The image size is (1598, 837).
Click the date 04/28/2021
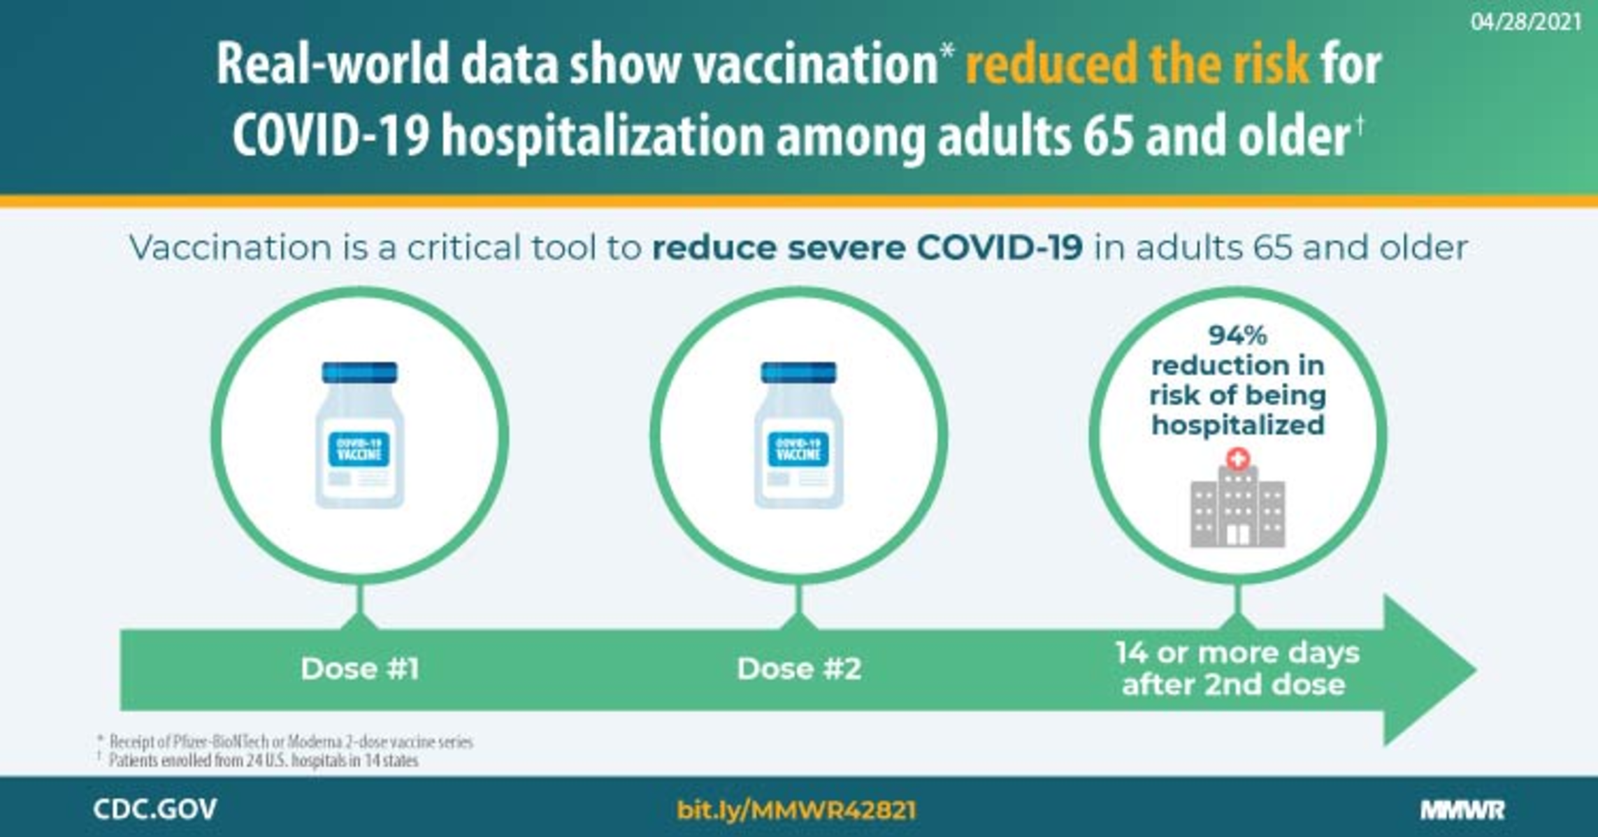pos(1525,22)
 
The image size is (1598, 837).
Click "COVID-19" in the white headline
pos(330,136)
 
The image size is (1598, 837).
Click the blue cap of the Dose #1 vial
pos(359,372)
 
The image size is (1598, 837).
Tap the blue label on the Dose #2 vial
pos(798,449)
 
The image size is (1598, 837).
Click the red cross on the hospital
pos(1237,459)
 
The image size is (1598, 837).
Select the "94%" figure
pos(1237,335)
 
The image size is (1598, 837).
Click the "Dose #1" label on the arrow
pos(360,669)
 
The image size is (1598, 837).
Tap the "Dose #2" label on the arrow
pos(799,669)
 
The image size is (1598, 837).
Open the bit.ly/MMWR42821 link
pos(796,810)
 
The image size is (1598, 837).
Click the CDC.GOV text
pos(154,809)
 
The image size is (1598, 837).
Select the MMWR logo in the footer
pos(1462,810)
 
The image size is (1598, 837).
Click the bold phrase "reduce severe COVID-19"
pos(867,247)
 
